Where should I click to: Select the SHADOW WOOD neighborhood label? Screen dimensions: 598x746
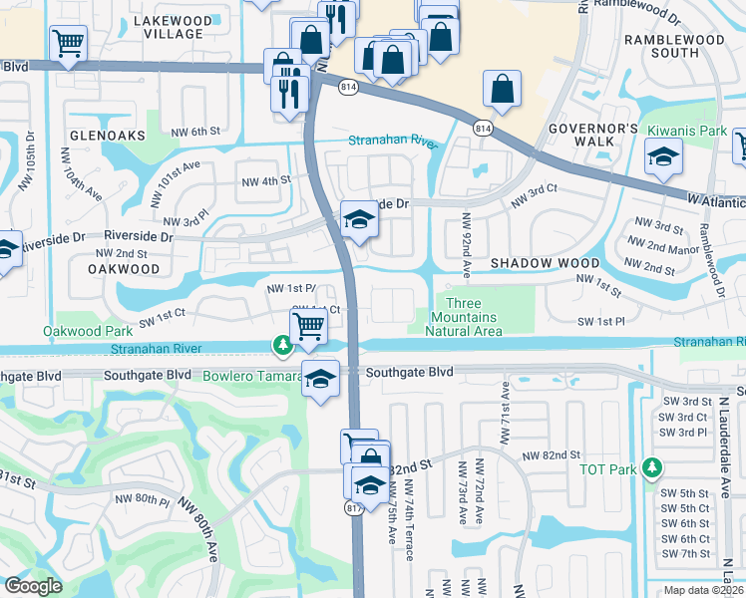click(545, 263)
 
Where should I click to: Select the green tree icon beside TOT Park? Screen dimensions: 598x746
click(652, 466)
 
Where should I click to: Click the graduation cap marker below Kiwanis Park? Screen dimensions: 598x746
click(662, 157)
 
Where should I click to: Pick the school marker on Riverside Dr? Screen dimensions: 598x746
click(359, 220)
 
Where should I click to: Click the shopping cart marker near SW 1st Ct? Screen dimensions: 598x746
click(309, 325)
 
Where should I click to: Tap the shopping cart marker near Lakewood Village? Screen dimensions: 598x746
click(68, 42)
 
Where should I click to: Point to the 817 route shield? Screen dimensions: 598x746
click(353, 508)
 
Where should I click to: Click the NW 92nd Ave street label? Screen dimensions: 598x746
click(465, 241)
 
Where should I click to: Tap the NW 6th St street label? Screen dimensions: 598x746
click(193, 132)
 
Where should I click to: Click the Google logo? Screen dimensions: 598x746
click(34, 586)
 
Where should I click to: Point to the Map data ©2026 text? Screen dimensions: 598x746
click(703, 590)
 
